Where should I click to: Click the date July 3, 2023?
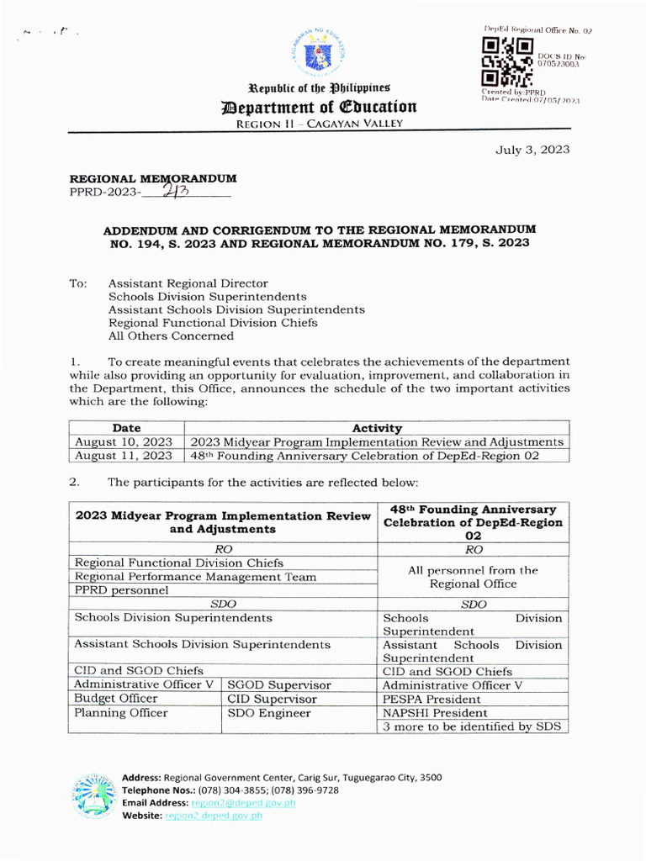tap(532, 150)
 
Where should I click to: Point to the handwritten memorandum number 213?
tap(179, 191)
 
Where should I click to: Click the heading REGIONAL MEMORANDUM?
tap(152, 178)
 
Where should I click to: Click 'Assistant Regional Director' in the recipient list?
tap(188, 283)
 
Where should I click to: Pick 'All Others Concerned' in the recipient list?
tap(171, 335)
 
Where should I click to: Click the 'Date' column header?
tap(126, 428)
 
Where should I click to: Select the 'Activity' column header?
tap(376, 428)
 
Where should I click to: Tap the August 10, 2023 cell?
tap(124, 441)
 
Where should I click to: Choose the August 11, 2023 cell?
tap(124, 455)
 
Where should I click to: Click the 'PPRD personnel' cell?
tap(121, 589)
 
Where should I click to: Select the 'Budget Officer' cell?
tap(116, 699)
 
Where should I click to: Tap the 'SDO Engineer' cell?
tap(269, 713)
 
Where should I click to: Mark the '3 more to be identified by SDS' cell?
tap(471, 726)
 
